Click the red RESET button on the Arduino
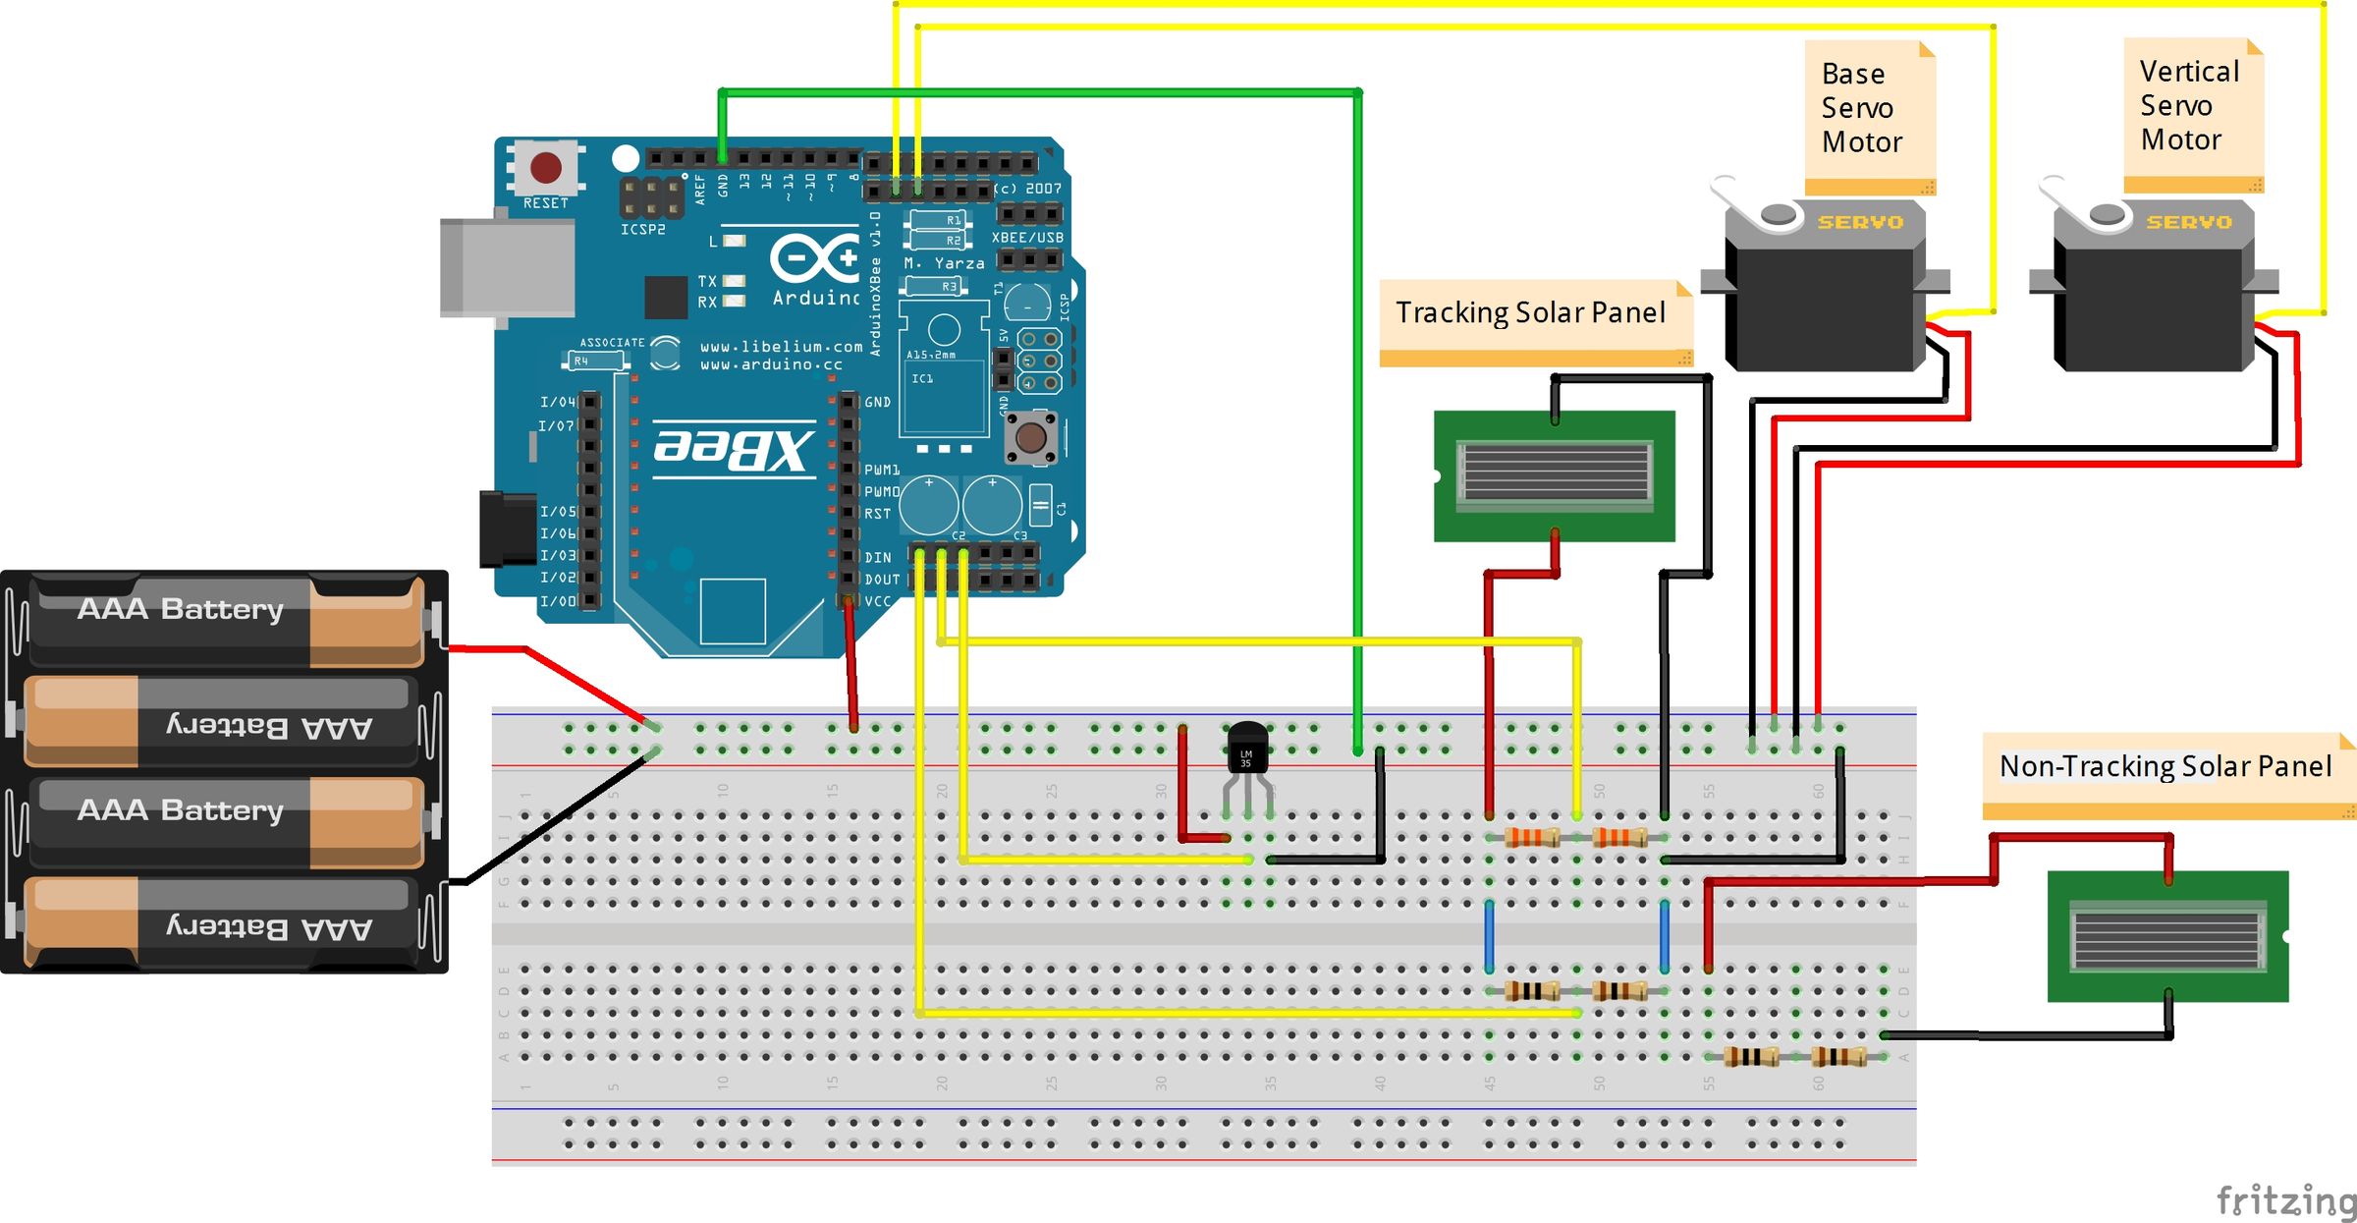click(546, 167)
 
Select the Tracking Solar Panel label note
click(1531, 313)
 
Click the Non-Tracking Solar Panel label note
click(2165, 767)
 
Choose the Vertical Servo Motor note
click(2189, 106)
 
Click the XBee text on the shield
click(735, 448)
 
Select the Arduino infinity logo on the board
click(814, 257)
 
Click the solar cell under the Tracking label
click(1554, 474)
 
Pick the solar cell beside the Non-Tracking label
click(2167, 936)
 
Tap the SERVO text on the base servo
click(1860, 223)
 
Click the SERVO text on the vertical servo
click(2189, 223)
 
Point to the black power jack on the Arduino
click(506, 528)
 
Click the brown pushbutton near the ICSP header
click(1030, 437)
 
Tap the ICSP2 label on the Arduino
click(642, 230)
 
